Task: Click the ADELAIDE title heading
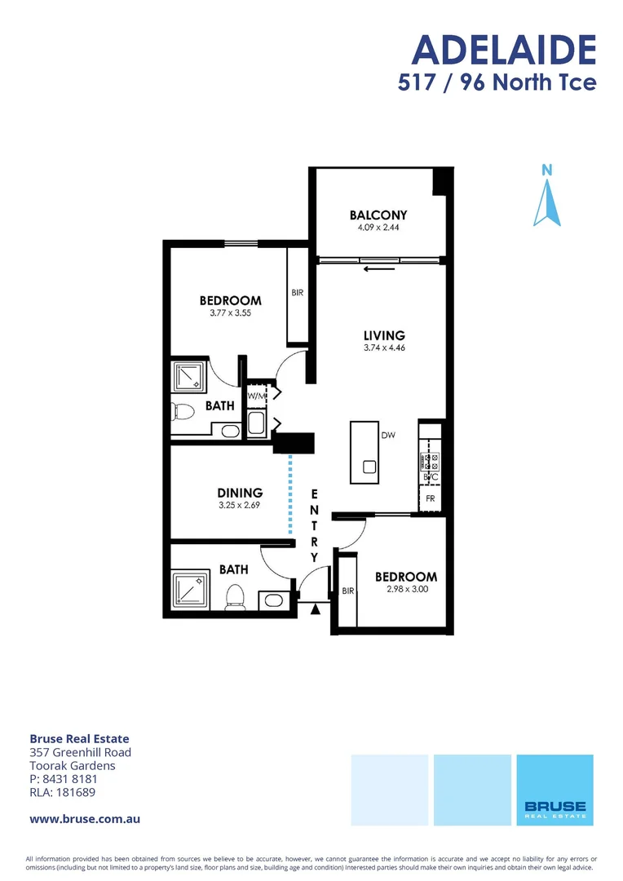(x=504, y=50)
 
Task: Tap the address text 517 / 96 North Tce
(x=497, y=82)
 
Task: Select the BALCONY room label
(x=378, y=215)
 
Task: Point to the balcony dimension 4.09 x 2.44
(x=378, y=228)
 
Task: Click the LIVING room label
(x=384, y=335)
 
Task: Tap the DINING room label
(x=240, y=493)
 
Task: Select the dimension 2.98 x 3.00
(x=405, y=589)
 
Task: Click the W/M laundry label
(x=256, y=396)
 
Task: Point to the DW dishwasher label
(x=387, y=436)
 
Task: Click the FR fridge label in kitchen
(x=430, y=498)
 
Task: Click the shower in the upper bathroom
(x=189, y=377)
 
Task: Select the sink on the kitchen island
(x=369, y=467)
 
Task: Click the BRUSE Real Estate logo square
(x=555, y=789)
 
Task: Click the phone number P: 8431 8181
(x=64, y=779)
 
